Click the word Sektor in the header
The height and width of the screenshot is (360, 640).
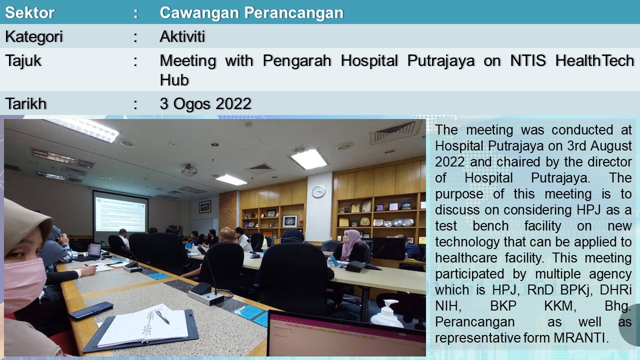pos(29,12)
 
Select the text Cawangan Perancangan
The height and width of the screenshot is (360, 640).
pos(251,13)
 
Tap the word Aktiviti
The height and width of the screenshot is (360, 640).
pos(182,36)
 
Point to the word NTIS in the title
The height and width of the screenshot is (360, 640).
pos(528,60)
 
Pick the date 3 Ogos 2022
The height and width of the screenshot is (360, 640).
pos(205,103)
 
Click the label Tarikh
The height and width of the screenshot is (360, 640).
pos(25,103)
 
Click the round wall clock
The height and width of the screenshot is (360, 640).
pos(318,191)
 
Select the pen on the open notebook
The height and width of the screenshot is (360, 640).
pos(161,316)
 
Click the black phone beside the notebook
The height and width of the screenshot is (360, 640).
pos(91,310)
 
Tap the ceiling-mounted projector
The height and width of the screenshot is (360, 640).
pos(189,169)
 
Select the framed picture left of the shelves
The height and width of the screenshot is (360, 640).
pos(205,206)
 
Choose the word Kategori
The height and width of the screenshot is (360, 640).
pos(33,37)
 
